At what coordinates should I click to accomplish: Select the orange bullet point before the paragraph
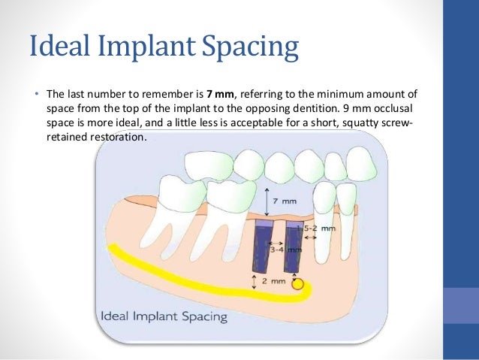pos(35,95)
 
